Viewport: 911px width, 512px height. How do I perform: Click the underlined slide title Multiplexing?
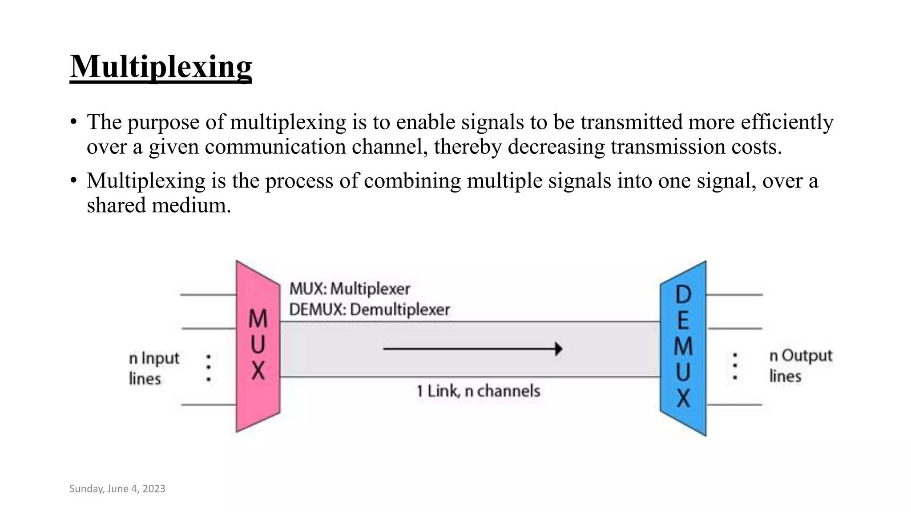point(161,67)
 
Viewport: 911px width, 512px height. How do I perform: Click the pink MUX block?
point(258,346)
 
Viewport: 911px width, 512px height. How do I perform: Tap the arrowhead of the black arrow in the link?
point(559,349)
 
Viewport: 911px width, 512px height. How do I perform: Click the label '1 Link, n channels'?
point(478,391)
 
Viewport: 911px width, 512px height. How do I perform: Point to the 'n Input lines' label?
point(153,368)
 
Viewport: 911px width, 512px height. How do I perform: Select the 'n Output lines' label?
point(800,365)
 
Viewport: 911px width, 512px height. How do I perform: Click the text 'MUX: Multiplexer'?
point(350,289)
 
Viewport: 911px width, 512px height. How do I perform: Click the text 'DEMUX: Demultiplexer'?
point(369,309)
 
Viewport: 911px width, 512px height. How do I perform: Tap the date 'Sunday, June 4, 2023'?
point(117,488)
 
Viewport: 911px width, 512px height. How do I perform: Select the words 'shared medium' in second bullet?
point(158,205)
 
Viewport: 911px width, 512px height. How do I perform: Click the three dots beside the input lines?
point(208,368)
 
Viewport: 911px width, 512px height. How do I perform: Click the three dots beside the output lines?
point(735,366)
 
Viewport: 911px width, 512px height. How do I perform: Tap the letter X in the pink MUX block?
point(258,370)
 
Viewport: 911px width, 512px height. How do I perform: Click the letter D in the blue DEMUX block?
point(683,294)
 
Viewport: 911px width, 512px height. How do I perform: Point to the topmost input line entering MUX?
point(208,294)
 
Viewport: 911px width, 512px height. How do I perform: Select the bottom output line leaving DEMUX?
point(734,404)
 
